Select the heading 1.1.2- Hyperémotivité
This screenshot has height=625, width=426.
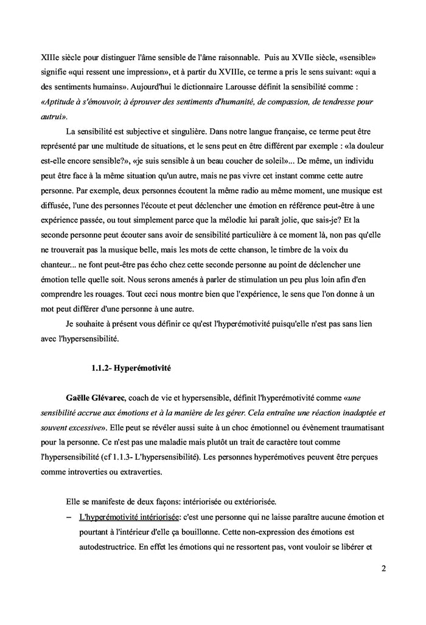coord(126,367)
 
